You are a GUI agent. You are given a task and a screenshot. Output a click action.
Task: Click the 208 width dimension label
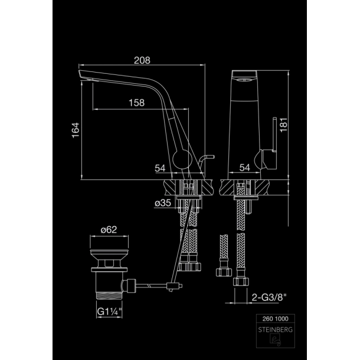click(142, 60)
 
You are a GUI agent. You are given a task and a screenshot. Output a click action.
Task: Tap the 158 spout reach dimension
click(136, 103)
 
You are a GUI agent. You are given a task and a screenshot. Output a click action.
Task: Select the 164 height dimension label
click(76, 130)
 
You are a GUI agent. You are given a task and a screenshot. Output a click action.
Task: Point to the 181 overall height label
click(284, 125)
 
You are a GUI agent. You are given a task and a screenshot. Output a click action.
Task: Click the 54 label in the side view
click(160, 168)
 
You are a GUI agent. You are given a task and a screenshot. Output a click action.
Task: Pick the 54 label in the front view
click(245, 168)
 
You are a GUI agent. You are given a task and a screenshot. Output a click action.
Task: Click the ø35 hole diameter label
click(163, 203)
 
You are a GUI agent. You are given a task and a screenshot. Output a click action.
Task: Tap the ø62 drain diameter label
click(109, 230)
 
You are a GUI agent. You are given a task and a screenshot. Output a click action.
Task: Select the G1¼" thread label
click(109, 312)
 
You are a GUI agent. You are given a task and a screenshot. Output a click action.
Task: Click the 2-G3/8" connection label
click(269, 297)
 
